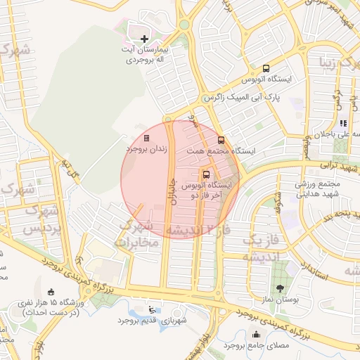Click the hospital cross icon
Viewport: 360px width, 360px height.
[144, 38]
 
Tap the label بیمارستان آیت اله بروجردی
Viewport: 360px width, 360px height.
[145, 56]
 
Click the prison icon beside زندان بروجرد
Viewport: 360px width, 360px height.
[146, 138]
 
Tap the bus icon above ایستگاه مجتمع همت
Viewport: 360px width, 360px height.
[221, 140]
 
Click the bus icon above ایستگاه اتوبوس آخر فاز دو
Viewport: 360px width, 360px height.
[207, 174]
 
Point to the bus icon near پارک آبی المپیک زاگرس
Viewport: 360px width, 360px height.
[266, 69]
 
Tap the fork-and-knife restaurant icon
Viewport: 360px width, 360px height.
[343, 124]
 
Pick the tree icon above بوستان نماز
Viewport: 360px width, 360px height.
[281, 288]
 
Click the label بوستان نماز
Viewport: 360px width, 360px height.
[281, 300]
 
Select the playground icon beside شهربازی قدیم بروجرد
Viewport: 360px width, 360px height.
[153, 309]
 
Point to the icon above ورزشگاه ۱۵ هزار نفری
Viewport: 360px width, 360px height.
[50, 292]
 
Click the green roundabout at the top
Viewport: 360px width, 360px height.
[184, 24]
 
